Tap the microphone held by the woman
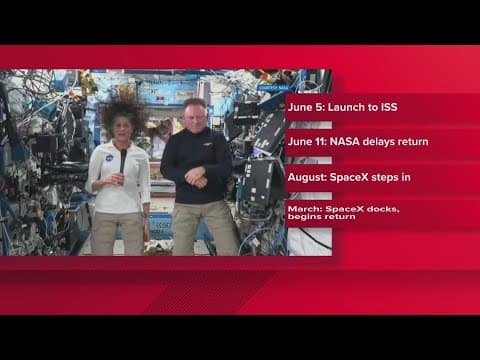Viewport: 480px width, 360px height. tap(123, 160)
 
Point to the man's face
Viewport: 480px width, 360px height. tap(194, 115)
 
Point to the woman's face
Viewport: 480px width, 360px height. tap(124, 128)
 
